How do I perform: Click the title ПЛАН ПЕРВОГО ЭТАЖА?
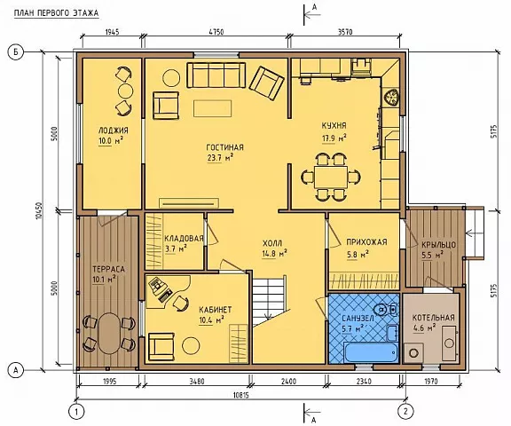click(x=57, y=13)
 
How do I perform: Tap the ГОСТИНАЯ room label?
click(x=224, y=147)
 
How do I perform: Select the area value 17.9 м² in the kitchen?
click(x=334, y=138)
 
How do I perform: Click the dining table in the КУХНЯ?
click(x=331, y=177)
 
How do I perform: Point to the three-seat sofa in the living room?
click(x=216, y=75)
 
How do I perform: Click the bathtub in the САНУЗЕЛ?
click(x=371, y=352)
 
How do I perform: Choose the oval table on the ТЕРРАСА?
click(x=109, y=334)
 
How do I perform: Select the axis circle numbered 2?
click(x=405, y=411)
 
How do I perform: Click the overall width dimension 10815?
click(x=241, y=395)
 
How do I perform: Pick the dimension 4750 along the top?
click(x=216, y=32)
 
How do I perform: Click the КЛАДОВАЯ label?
click(x=184, y=239)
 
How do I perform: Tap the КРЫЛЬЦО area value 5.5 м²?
click(x=432, y=256)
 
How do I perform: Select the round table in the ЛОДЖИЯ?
click(x=125, y=91)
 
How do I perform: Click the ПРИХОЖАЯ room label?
click(x=366, y=242)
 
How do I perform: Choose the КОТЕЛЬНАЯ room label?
click(x=434, y=318)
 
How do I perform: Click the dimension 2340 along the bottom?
click(x=364, y=381)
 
